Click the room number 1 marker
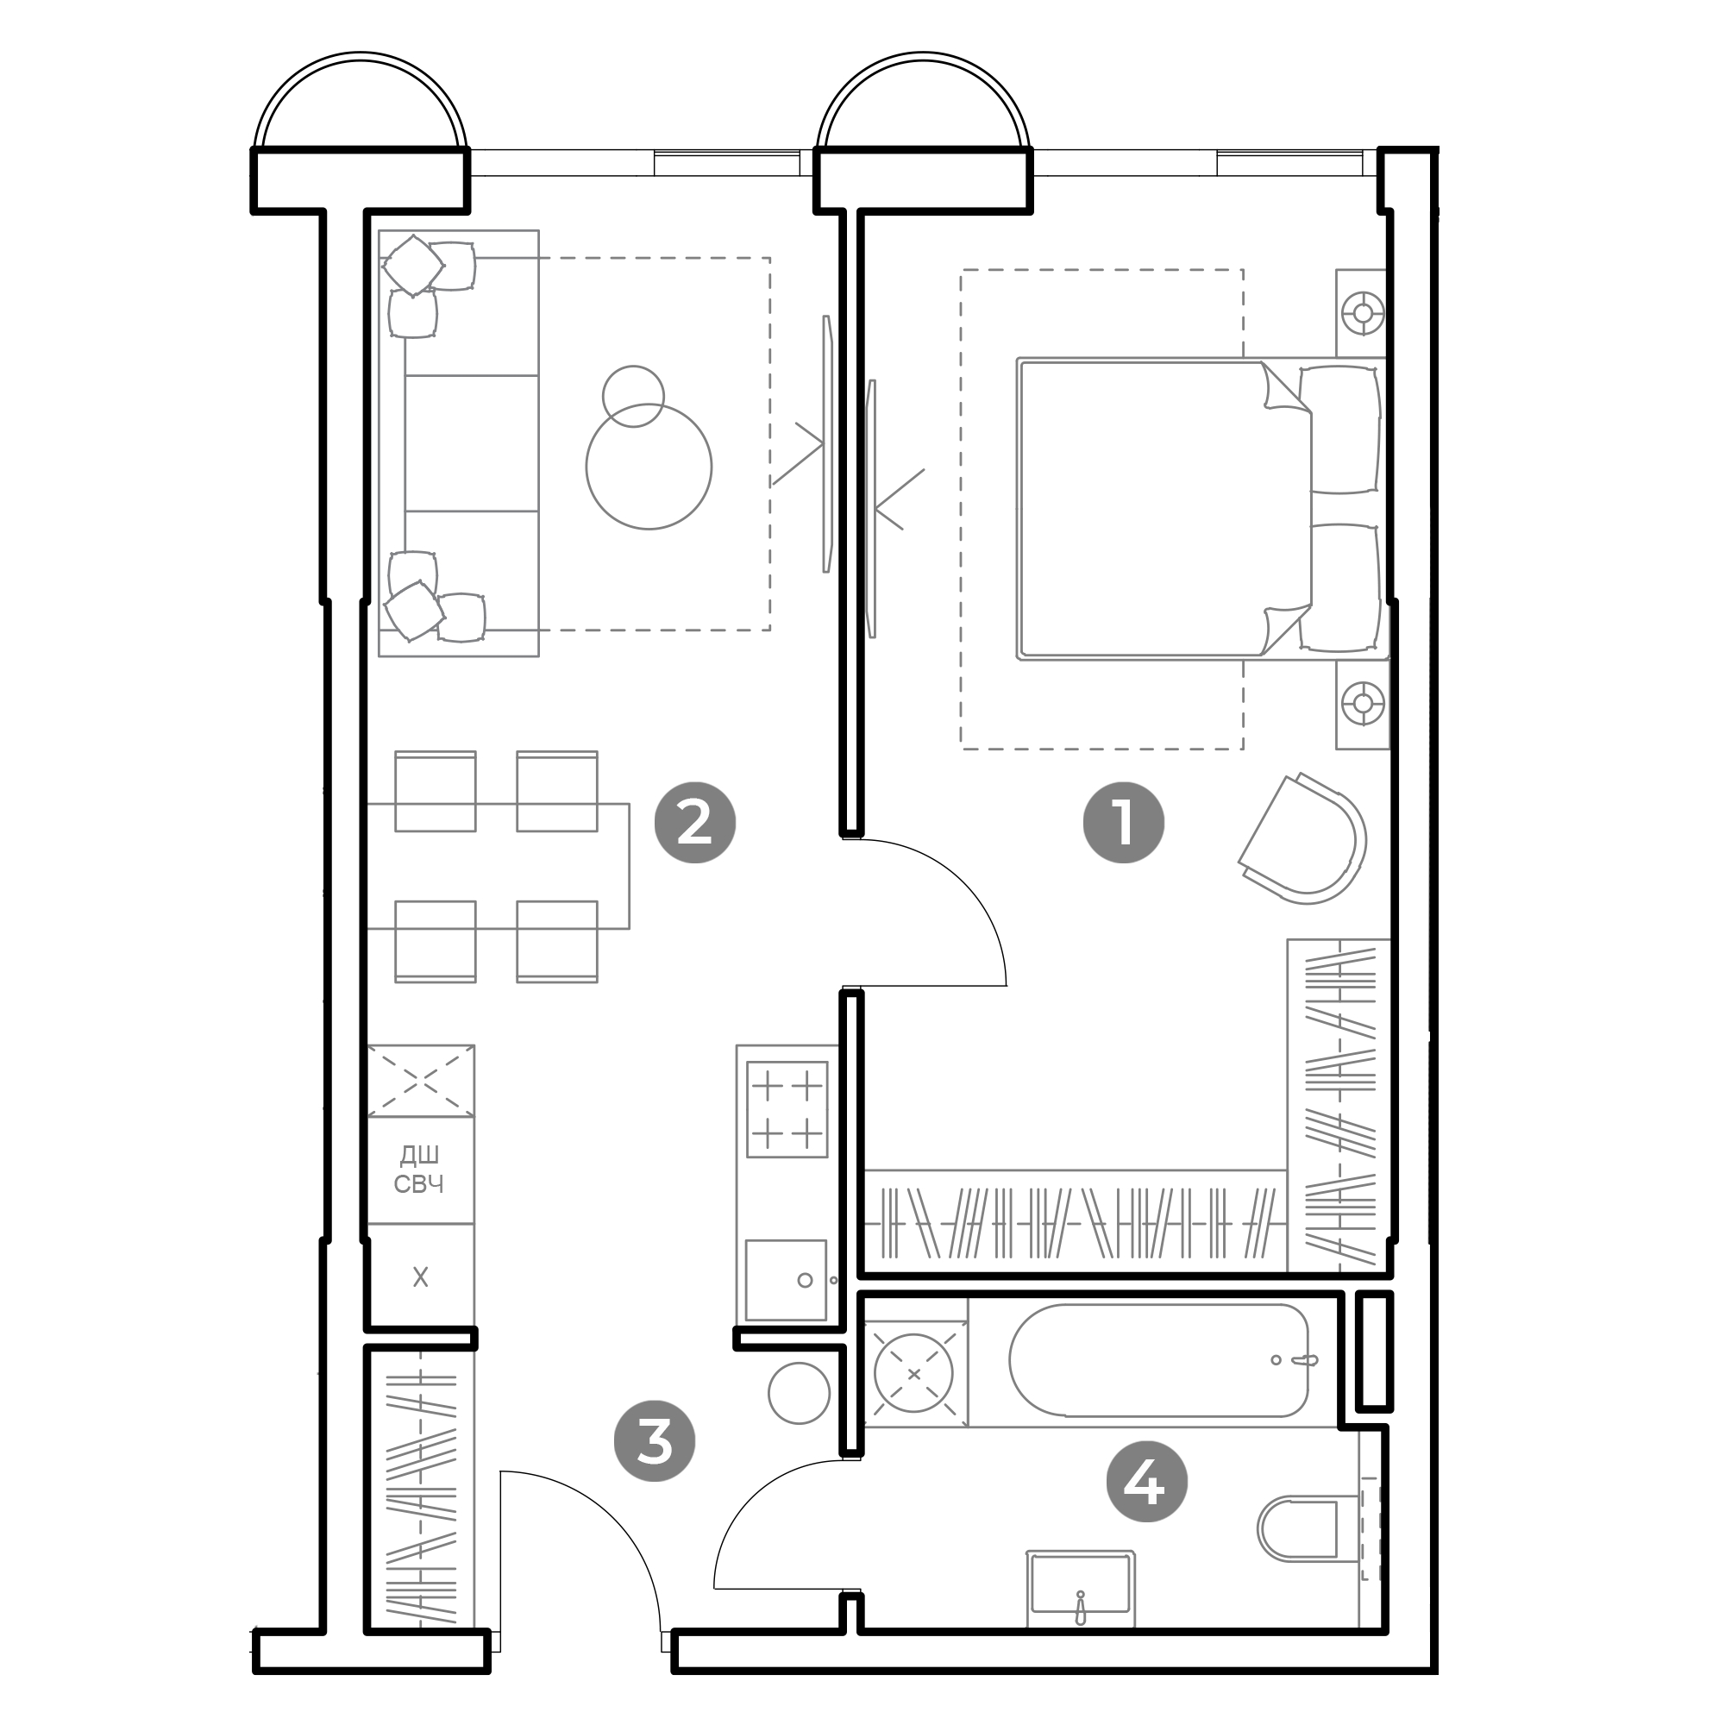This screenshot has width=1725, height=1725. [1123, 822]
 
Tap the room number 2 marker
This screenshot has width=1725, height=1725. [694, 822]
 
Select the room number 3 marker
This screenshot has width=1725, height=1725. [655, 1441]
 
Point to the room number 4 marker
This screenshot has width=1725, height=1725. [1146, 1483]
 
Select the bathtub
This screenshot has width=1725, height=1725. [1159, 1361]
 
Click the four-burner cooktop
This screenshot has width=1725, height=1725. [787, 1109]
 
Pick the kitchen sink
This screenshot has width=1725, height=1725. [786, 1279]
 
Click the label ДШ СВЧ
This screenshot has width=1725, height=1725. [419, 1170]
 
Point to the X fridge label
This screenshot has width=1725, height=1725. [421, 1277]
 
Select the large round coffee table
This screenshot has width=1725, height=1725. [649, 466]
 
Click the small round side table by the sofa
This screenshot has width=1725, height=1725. [633, 396]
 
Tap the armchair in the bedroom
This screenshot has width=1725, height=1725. [1302, 838]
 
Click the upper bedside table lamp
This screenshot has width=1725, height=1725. [1363, 313]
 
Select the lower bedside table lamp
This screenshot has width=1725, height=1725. [1363, 704]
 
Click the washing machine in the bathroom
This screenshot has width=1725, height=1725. [914, 1374]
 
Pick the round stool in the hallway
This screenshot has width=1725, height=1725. [800, 1393]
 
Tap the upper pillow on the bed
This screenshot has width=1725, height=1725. [1340, 429]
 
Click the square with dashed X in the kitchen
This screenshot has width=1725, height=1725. [421, 1082]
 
